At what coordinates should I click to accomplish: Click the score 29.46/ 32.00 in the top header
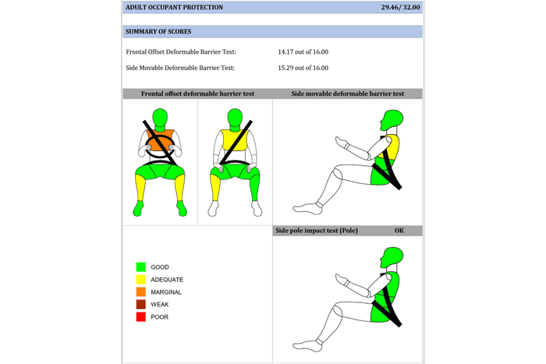(x=400, y=7)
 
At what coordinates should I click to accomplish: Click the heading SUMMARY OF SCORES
(x=158, y=32)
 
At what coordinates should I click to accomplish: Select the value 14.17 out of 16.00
(x=303, y=52)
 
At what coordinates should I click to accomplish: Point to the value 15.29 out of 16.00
(x=303, y=68)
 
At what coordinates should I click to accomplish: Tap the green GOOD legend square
(x=141, y=267)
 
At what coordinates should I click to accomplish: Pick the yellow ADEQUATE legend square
(x=141, y=280)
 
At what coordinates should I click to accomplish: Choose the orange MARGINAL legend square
(x=141, y=292)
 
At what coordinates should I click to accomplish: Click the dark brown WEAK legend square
(x=141, y=304)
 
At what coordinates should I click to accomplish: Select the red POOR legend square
(x=141, y=316)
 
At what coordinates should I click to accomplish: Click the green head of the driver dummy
(x=160, y=118)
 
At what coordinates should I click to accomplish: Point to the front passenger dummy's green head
(x=235, y=118)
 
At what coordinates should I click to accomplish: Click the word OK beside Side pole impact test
(x=399, y=231)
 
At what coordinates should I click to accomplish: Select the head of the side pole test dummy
(x=392, y=256)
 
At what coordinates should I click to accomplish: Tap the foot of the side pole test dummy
(x=307, y=345)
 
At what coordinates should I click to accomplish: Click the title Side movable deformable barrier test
(x=348, y=94)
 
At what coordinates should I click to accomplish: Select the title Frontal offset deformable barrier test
(x=197, y=94)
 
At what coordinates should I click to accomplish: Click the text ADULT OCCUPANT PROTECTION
(x=174, y=7)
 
